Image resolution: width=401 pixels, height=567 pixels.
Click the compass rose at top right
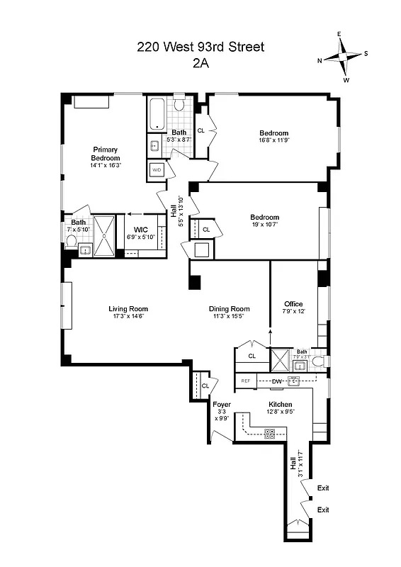pyautogui.click(x=344, y=57)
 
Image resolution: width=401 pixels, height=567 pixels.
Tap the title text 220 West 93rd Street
pyautogui.click(x=200, y=47)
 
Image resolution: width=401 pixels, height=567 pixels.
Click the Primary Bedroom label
pyautogui.click(x=105, y=153)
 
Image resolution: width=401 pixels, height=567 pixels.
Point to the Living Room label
pyautogui.click(x=128, y=308)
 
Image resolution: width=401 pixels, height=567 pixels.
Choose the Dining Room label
pyautogui.click(x=230, y=308)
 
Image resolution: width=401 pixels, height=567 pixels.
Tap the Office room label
pyautogui.click(x=293, y=304)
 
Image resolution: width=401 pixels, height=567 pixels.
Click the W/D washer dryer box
pyautogui.click(x=157, y=171)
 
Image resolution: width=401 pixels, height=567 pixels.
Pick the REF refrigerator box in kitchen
pyautogui.click(x=246, y=381)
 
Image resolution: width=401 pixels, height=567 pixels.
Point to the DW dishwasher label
pyautogui.click(x=278, y=381)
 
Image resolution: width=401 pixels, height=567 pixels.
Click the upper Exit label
pyautogui.click(x=324, y=488)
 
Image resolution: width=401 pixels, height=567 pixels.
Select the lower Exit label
pyautogui.click(x=324, y=510)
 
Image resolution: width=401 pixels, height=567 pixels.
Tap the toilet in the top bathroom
pyautogui.click(x=180, y=106)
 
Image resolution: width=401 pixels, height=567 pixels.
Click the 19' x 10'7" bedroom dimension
pyautogui.click(x=264, y=225)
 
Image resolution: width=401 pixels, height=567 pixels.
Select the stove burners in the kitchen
pyautogui.click(x=270, y=432)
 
